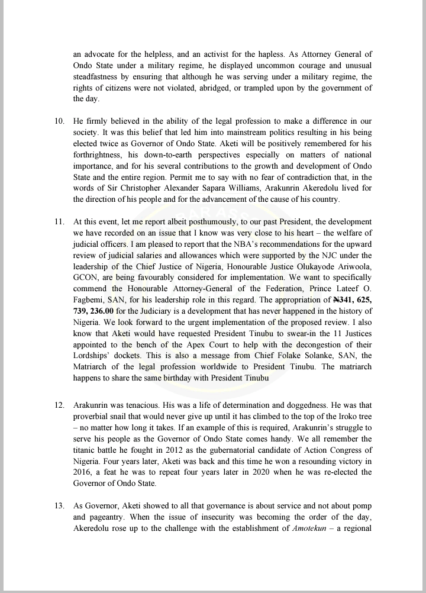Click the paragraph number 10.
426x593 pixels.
tap(59, 121)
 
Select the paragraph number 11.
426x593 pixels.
tap(59, 221)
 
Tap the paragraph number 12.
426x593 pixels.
tap(59, 405)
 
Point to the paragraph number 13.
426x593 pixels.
tap(59, 505)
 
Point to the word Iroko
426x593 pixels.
tap(343, 416)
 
